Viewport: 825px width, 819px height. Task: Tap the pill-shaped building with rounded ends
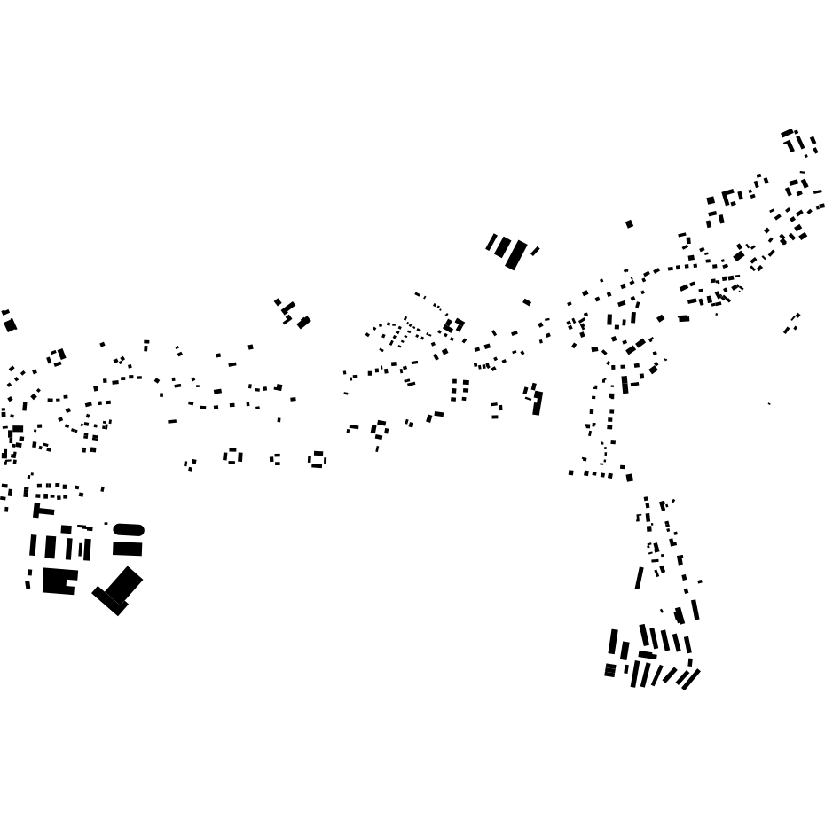point(128,530)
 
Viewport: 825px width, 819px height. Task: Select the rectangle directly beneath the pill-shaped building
point(128,549)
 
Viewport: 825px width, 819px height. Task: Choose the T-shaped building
point(40,511)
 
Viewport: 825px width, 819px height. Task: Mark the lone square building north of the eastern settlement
point(629,224)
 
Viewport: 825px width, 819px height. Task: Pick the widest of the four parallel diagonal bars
point(515,255)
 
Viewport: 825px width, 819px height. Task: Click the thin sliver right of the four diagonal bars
point(535,252)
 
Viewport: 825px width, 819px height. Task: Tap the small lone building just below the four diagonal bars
point(527,302)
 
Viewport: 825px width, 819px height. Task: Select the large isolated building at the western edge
point(11,325)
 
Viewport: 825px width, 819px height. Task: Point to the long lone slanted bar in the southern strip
point(639,578)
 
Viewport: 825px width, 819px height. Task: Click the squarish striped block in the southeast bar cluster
point(610,670)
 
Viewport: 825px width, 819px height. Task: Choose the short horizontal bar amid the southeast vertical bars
point(648,655)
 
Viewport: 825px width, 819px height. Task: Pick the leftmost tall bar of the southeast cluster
point(613,642)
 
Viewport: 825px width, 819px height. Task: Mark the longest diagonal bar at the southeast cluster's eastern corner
point(690,679)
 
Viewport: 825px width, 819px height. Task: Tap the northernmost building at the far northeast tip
point(787,133)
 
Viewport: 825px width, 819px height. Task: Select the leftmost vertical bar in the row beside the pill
point(33,545)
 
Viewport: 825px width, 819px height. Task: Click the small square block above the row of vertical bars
point(66,529)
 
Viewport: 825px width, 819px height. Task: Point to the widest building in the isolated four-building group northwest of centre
point(303,323)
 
